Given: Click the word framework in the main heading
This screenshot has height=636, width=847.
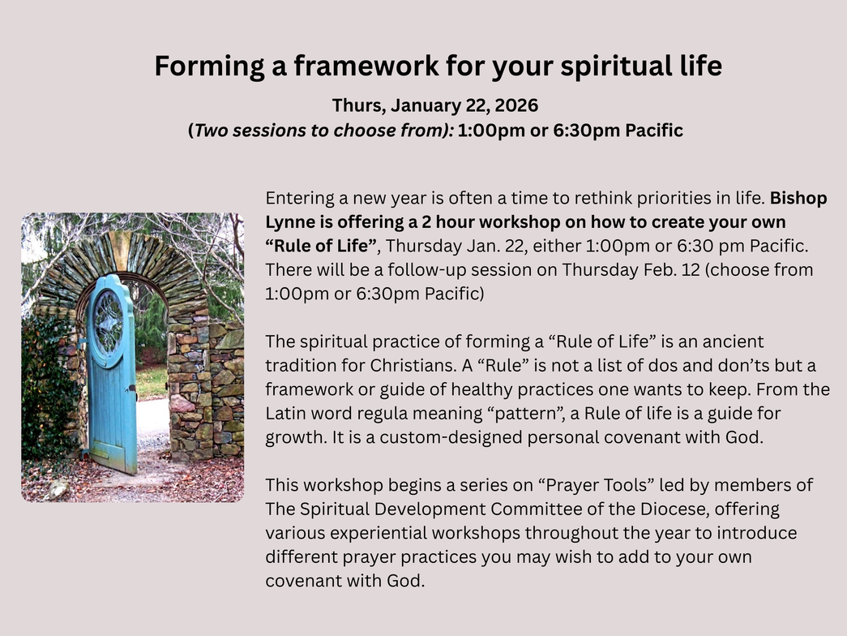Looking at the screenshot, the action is tap(366, 66).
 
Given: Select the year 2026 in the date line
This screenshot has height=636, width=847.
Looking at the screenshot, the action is tap(515, 105).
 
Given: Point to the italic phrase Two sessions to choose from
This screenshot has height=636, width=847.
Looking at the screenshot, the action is tap(322, 131).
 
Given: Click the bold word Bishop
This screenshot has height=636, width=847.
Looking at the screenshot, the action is tap(798, 199).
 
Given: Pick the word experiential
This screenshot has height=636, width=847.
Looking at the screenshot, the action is tap(379, 533).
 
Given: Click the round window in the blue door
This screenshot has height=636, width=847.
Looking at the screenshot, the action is tap(108, 323).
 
